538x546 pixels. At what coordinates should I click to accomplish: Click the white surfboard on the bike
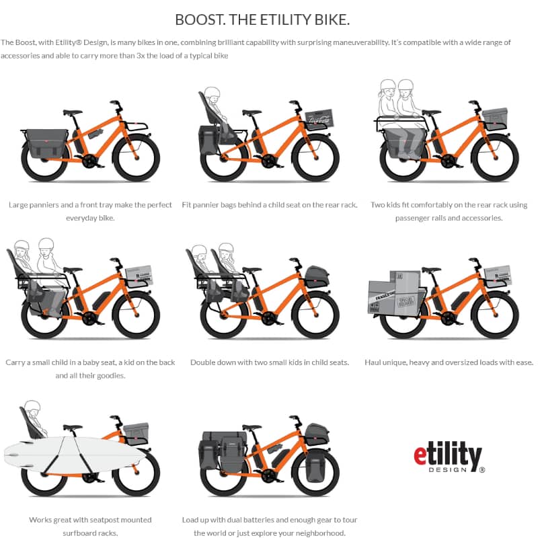[75, 455]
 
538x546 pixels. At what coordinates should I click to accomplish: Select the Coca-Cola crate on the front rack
[319, 119]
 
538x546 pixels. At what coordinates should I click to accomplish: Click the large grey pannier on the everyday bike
[46, 143]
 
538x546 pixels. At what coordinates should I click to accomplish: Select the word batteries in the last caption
[260, 520]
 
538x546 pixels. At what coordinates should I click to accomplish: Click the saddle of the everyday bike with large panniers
[73, 112]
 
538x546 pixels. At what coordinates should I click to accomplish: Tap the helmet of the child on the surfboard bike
[32, 405]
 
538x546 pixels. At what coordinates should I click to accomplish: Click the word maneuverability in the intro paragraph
[360, 42]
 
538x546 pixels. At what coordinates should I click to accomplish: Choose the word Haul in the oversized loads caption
[372, 362]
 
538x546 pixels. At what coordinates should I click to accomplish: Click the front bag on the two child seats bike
[317, 277]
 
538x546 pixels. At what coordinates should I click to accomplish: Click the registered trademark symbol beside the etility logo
[482, 470]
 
